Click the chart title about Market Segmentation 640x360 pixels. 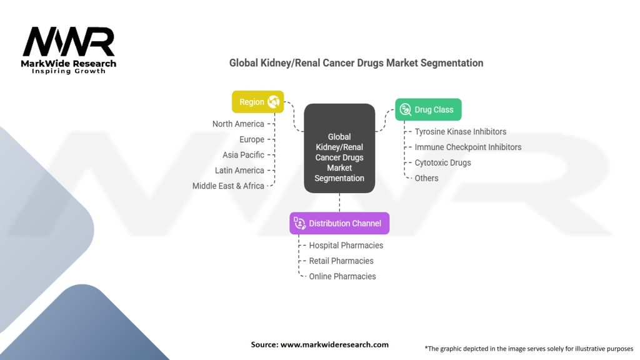tap(356, 62)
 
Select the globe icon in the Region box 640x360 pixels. tap(273, 102)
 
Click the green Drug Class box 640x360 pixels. tap(428, 109)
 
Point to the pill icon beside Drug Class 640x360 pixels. tap(406, 109)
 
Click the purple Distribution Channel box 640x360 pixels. tap(339, 223)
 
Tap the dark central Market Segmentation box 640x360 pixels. tap(339, 148)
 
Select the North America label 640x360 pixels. tap(238, 124)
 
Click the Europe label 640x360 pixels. tap(252, 139)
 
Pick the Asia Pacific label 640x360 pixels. tap(243, 154)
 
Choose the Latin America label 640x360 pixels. tap(239, 170)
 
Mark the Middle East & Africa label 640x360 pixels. tap(228, 186)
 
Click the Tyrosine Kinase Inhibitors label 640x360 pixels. tap(461, 132)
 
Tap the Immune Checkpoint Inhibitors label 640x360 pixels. tap(468, 147)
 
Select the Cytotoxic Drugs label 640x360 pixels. tap(443, 162)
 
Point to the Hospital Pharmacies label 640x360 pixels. tap(346, 246)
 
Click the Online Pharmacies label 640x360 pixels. tap(342, 276)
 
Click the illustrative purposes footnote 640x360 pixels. tap(529, 348)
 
